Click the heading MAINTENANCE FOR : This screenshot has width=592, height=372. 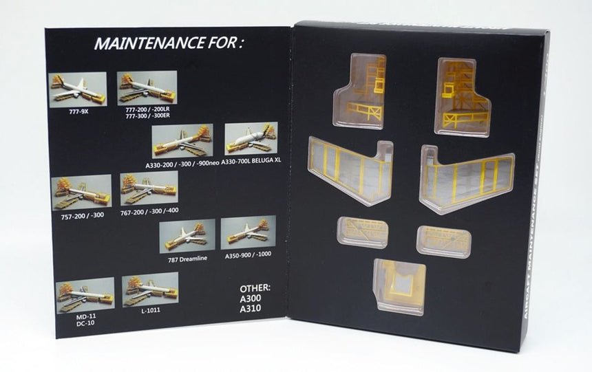[169, 45]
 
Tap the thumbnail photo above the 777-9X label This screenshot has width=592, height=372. [78, 89]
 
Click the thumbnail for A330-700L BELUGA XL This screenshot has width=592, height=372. [251, 138]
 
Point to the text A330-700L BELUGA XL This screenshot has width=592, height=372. [253, 160]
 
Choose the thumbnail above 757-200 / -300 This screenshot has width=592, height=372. [81, 192]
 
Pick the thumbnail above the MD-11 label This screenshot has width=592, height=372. [85, 295]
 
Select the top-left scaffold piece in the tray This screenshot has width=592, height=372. [359, 91]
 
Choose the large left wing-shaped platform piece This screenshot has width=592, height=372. [350, 171]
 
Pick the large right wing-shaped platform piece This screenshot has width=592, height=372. [467, 177]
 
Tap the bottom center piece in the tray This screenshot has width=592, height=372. [399, 285]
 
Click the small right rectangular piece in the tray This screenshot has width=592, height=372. [443, 241]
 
